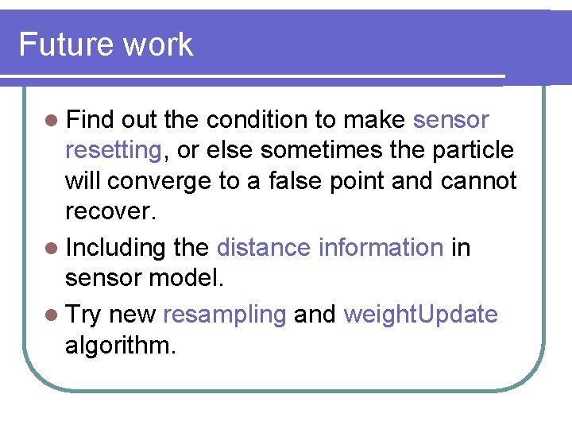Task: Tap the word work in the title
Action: click(x=158, y=44)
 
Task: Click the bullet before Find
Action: click(x=52, y=122)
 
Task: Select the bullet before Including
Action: click(x=52, y=249)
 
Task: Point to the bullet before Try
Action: click(x=52, y=315)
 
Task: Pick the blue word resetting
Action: click(x=113, y=150)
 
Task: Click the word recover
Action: click(x=108, y=213)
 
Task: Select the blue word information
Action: click(x=381, y=248)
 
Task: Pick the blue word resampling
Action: click(x=224, y=315)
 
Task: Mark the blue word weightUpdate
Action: click(x=420, y=315)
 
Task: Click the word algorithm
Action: click(x=120, y=346)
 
